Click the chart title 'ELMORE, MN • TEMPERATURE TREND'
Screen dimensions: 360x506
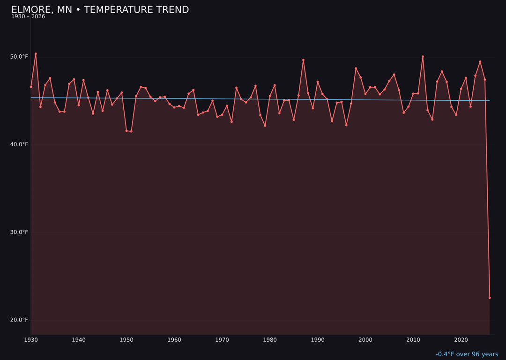100,10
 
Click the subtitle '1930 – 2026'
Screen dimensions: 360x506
28,17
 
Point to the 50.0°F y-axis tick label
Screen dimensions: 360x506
19,57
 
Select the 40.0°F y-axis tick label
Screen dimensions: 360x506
19,144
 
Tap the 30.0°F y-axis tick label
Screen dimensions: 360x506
19,232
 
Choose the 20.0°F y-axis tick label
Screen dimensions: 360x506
19,320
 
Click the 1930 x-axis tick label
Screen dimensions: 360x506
31,339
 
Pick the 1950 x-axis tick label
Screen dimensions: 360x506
126,339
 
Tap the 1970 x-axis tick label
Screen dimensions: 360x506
222,339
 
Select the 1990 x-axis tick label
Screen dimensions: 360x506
318,339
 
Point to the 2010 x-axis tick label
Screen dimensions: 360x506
413,339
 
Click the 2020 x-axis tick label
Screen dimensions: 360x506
461,339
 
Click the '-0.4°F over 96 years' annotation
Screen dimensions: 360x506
467,354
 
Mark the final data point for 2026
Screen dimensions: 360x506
490,298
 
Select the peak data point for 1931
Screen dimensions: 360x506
36,54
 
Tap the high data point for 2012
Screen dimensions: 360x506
423,57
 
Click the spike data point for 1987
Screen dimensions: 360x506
303,60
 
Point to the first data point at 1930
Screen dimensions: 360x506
31,87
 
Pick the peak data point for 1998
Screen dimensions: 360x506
356,68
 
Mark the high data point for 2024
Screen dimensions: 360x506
480,61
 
